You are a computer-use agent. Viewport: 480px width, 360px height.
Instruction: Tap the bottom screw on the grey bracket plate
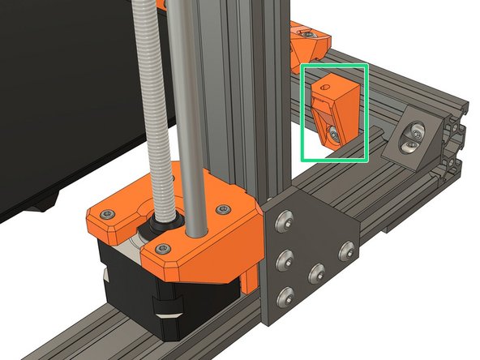(x=285, y=294)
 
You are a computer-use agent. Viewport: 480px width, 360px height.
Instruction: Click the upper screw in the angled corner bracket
(x=417, y=129)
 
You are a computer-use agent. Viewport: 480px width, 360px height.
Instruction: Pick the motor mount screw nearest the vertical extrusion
(x=222, y=210)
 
